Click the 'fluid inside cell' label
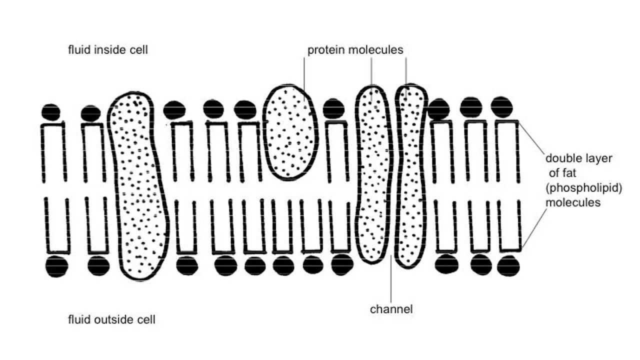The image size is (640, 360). click(108, 50)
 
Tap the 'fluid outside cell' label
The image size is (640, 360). click(111, 320)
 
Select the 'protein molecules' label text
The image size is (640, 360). click(355, 50)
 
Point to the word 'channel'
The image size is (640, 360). click(391, 309)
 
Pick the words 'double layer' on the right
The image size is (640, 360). click(578, 158)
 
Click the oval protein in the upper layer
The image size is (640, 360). click(290, 132)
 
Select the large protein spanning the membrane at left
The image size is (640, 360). click(137, 185)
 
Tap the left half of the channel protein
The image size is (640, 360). click(374, 175)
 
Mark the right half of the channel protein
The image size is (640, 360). click(411, 175)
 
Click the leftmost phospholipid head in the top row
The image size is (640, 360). click(51, 112)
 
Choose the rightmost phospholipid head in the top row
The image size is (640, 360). click(502, 106)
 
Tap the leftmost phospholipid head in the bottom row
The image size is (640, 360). click(56, 266)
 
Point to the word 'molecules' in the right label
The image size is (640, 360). click(573, 202)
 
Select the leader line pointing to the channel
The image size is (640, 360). click(391, 280)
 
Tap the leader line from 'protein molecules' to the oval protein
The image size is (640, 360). click(303, 75)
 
